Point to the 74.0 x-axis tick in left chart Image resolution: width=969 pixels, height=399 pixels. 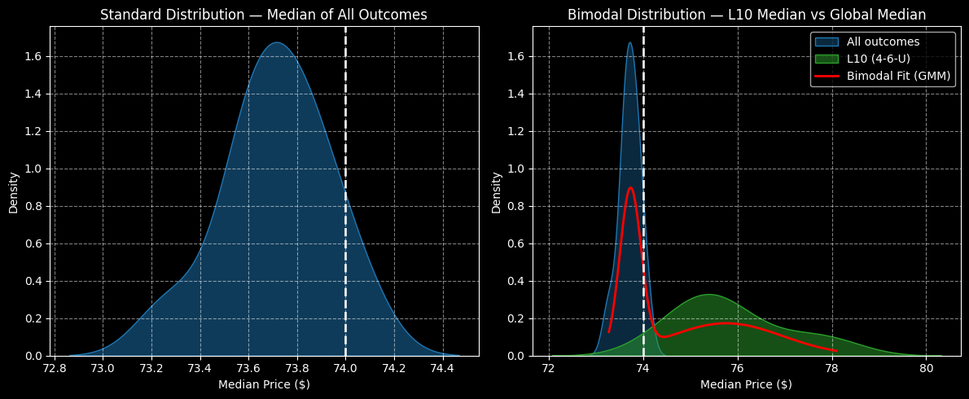tap(345, 367)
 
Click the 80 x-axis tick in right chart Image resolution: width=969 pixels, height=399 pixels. tap(926, 367)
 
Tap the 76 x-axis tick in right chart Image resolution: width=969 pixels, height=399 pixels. tap(737, 367)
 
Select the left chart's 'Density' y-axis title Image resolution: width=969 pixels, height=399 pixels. tap(14, 192)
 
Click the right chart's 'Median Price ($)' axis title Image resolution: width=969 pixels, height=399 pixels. tap(746, 384)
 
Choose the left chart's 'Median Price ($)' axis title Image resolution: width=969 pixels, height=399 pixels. tap(264, 384)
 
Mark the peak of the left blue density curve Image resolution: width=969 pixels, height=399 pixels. tap(277, 42)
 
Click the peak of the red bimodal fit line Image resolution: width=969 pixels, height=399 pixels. tap(630, 188)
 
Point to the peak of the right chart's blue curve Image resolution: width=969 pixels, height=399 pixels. tap(629, 42)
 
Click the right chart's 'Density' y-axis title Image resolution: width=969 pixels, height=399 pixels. tap(496, 192)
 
